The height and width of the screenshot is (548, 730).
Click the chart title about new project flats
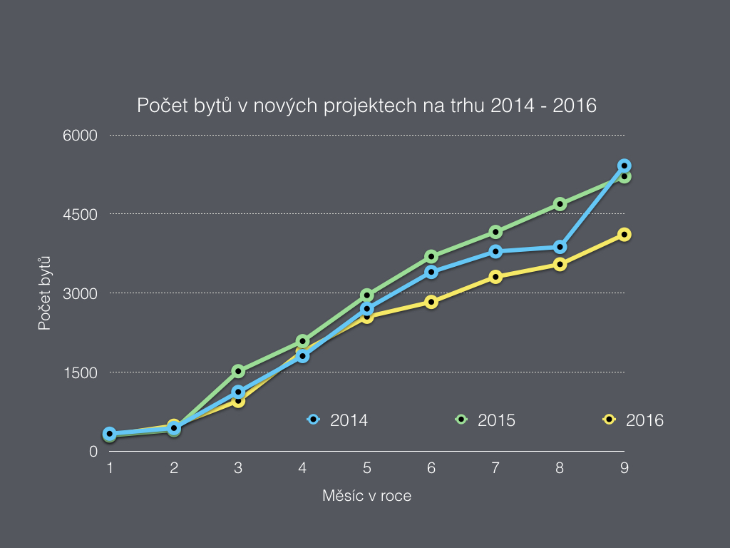pos(366,106)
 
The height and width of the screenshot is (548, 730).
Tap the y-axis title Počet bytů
pos(44,293)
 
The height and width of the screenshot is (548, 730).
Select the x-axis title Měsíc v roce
pos(366,495)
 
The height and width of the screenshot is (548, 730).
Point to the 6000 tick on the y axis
pos(83,135)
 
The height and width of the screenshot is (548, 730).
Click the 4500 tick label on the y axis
pos(83,214)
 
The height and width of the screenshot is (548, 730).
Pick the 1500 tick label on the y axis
pos(83,372)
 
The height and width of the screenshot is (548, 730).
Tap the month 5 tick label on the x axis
pos(366,468)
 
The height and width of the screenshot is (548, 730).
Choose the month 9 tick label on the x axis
pos(624,468)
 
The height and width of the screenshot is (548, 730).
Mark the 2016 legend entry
pos(634,420)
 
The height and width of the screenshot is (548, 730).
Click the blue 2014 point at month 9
pos(624,166)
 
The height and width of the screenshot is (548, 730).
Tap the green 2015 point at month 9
pos(624,176)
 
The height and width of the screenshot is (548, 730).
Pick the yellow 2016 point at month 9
pos(624,235)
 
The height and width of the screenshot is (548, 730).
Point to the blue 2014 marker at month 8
pos(560,247)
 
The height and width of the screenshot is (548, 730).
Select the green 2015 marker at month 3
pos(238,371)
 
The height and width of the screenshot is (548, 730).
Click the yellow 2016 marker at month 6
pos(431,302)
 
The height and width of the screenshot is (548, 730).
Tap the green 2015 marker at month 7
pos(495,232)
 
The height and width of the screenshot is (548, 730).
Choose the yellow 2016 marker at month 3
pos(238,401)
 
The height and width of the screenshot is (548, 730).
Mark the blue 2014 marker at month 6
pos(431,272)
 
